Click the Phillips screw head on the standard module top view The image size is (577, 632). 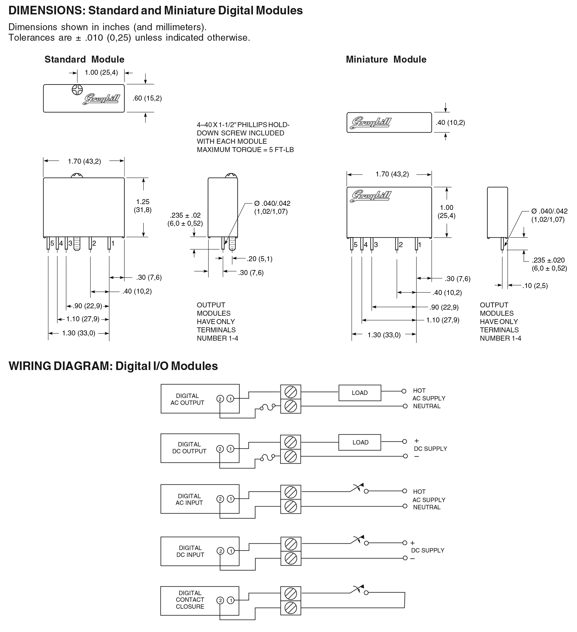[x=77, y=90]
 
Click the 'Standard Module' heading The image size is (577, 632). [x=84, y=59]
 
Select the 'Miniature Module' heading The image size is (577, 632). [x=386, y=59]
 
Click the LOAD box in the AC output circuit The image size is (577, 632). [x=360, y=393]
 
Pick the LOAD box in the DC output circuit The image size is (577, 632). [x=360, y=442]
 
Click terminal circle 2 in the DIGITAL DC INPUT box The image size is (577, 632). [x=220, y=551]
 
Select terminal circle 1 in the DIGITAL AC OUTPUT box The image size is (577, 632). [x=231, y=399]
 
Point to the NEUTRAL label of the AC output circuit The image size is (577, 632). [x=427, y=406]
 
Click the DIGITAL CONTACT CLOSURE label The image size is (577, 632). [x=190, y=600]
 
